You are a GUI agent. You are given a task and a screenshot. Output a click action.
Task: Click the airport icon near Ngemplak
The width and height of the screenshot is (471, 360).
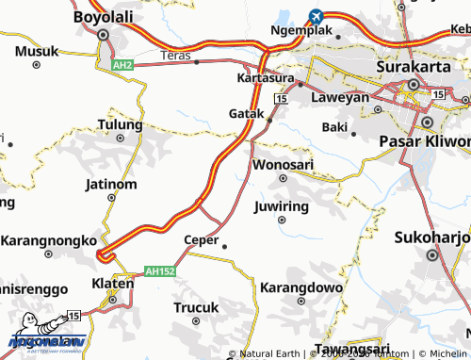(x=315, y=17)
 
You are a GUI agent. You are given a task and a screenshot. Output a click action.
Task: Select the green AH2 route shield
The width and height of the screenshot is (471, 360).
(x=122, y=65)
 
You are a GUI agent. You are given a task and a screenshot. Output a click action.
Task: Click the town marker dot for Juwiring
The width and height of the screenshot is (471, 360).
(x=282, y=220)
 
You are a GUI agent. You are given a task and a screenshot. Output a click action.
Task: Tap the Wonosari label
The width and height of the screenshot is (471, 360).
(x=284, y=165)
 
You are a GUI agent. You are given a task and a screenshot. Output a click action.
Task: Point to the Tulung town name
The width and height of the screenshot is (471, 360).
(x=120, y=124)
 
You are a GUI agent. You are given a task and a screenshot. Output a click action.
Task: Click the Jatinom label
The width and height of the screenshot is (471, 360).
(x=111, y=184)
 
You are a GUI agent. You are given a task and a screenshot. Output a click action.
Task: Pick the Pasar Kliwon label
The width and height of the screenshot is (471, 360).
(x=424, y=140)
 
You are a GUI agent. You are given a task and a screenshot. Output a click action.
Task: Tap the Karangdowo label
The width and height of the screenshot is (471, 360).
(x=299, y=286)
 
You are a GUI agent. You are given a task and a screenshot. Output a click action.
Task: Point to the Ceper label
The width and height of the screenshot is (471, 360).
(x=202, y=239)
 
